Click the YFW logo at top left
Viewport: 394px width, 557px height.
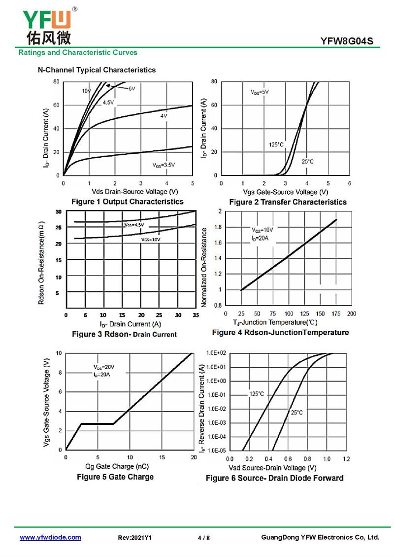47,25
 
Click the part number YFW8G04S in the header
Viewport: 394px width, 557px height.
350,42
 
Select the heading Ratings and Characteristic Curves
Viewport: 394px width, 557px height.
78,52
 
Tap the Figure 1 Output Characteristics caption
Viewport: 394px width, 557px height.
127,202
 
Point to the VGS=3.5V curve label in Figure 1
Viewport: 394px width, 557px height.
164,165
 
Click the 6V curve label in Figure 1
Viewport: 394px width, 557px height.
131,89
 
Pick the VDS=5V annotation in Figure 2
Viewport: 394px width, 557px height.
260,92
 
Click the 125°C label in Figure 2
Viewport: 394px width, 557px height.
276,144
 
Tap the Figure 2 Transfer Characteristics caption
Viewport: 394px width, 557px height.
288,202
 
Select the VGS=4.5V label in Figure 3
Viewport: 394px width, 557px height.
133,225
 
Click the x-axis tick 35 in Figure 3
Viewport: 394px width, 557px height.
196,314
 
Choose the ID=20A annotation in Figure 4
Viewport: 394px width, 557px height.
260,239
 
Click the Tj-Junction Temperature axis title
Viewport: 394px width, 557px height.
283,323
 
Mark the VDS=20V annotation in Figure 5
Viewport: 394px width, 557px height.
104,367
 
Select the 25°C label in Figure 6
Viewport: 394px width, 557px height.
297,413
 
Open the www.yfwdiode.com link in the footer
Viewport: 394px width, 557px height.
50,537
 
